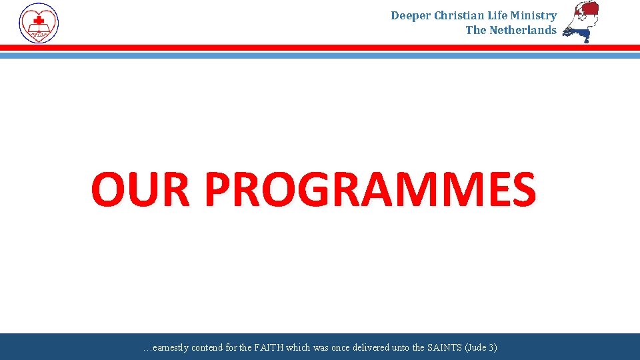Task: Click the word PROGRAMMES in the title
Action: (370, 189)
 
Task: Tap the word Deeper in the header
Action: (411, 15)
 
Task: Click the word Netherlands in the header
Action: (523, 30)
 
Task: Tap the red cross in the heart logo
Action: (39, 19)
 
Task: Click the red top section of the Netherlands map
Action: (588, 11)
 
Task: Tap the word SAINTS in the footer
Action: (425, 348)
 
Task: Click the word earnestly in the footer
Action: (169, 348)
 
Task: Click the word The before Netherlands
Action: (476, 30)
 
